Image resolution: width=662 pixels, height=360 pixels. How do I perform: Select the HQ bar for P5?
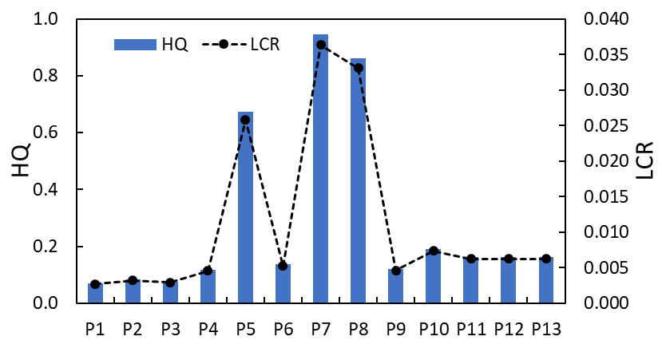pyautogui.click(x=245, y=208)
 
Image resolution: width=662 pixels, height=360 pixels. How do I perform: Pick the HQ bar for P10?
pyautogui.click(x=433, y=276)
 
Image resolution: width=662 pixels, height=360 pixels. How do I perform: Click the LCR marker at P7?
pyautogui.click(x=320, y=45)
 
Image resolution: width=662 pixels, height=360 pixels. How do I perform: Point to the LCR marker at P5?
pyautogui.click(x=245, y=120)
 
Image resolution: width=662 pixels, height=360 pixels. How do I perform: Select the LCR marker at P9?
pyautogui.click(x=395, y=271)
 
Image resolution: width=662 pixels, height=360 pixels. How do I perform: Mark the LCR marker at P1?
pyautogui.click(x=95, y=284)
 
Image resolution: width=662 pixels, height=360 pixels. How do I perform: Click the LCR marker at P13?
pyautogui.click(x=546, y=259)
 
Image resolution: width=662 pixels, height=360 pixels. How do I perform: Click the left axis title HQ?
pyautogui.click(x=22, y=160)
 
